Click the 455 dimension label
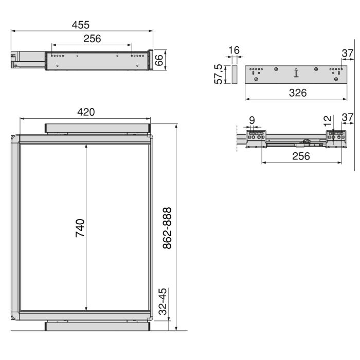[81, 24]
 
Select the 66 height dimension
[159, 60]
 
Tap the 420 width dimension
[85, 112]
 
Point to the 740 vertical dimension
[80, 227]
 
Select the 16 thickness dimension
[233, 50]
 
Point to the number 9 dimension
[251, 120]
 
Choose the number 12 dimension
[328, 122]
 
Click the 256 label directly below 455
[92, 39]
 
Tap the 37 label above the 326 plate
[347, 53]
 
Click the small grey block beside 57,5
[233, 75]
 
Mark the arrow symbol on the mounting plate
[296, 74]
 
